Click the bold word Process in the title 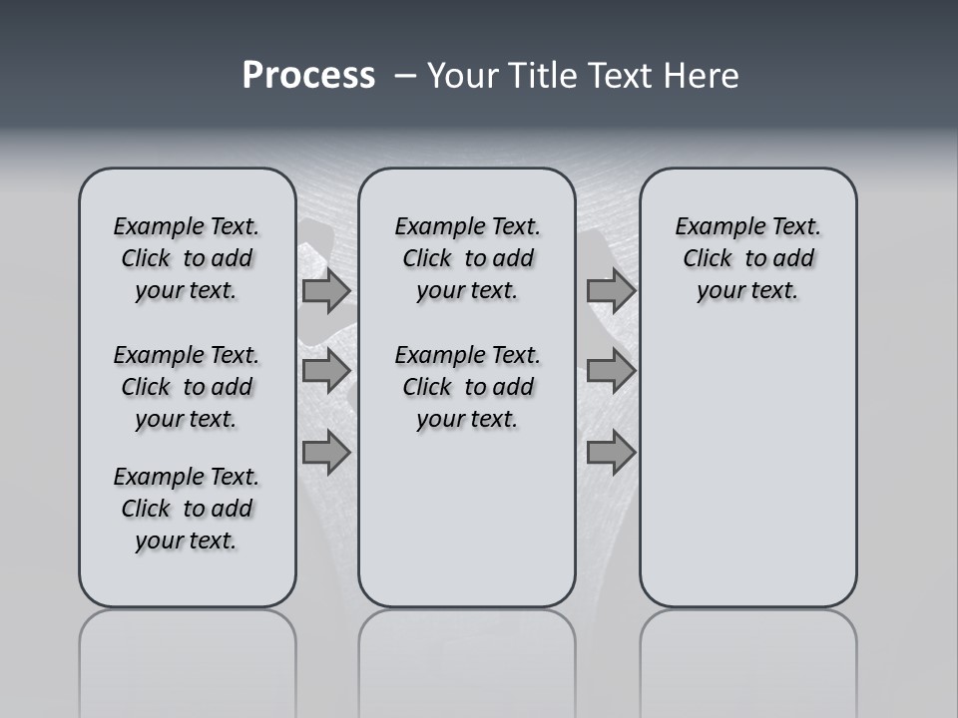pyautogui.click(x=308, y=76)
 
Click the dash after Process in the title pyautogui.click(x=405, y=77)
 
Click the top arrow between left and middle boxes pyautogui.click(x=326, y=291)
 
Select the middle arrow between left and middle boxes pyautogui.click(x=326, y=371)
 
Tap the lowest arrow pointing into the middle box pyautogui.click(x=326, y=453)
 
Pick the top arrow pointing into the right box pyautogui.click(x=611, y=291)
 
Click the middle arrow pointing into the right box pyautogui.click(x=611, y=371)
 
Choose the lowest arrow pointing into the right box pyautogui.click(x=611, y=453)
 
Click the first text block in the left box pyautogui.click(x=187, y=258)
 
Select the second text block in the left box pyautogui.click(x=187, y=387)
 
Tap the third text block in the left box pyautogui.click(x=187, y=509)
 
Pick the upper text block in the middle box pyautogui.click(x=467, y=258)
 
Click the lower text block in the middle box pyautogui.click(x=467, y=387)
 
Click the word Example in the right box pyautogui.click(x=713, y=226)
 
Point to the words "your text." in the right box pyautogui.click(x=747, y=290)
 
